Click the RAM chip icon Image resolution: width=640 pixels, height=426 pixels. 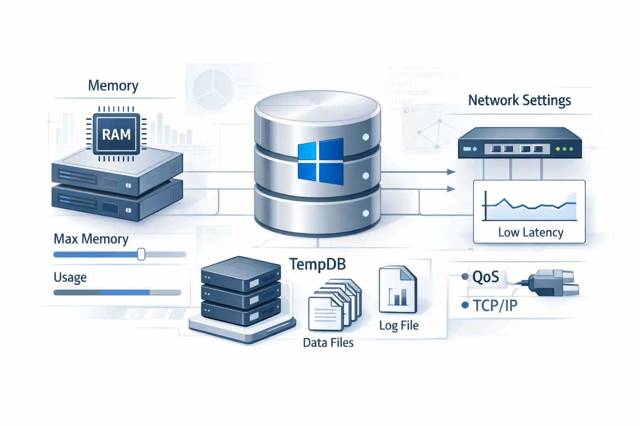116,134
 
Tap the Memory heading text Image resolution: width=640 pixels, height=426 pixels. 113,86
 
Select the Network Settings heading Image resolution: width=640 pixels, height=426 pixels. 519,101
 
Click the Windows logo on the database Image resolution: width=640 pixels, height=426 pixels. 320,161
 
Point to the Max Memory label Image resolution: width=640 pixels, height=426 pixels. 91,239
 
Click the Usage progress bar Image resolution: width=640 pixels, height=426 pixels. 117,292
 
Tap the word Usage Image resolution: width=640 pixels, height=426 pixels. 70,278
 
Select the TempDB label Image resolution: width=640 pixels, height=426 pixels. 317,265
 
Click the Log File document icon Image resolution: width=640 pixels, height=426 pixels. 397,290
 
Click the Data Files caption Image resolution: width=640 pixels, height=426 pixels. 328,343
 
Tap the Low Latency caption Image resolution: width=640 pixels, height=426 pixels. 530,233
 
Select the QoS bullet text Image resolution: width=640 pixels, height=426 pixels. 486,277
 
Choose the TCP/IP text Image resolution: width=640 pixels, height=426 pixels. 495,305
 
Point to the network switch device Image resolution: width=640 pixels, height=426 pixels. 519,144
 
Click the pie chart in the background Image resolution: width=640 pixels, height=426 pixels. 212,90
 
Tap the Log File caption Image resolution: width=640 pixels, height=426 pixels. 399,326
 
